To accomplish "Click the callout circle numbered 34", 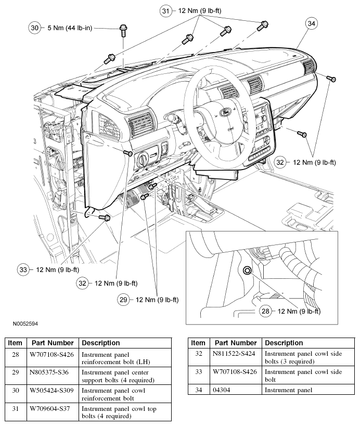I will pyautogui.click(x=311, y=23).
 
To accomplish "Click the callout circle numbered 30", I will pyautogui.click(x=35, y=28).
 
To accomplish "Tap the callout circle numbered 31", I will pyautogui.click(x=165, y=11).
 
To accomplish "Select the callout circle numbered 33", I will pyautogui.click(x=23, y=269).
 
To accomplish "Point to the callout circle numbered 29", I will pyautogui.click(x=123, y=300).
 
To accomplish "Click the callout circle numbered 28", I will pyautogui.click(x=265, y=311).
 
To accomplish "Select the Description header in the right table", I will pyautogui.click(x=284, y=343).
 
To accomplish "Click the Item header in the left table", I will pyautogui.click(x=15, y=343).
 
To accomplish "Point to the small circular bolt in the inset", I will pyautogui.click(x=247, y=270).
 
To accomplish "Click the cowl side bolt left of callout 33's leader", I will pyautogui.click(x=102, y=218).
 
